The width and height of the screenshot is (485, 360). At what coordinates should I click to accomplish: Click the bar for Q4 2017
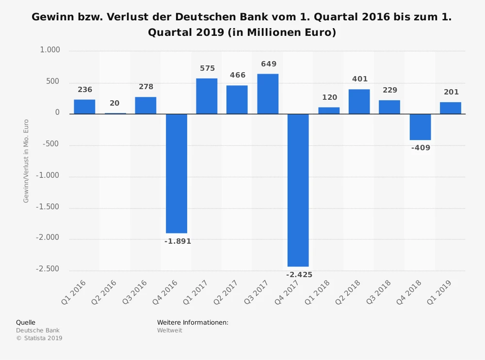(298, 190)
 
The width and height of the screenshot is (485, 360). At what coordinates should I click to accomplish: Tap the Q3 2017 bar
(268, 94)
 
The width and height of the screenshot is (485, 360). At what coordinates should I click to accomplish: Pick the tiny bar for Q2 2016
(115, 113)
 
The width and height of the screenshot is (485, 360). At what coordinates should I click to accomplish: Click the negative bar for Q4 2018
(420, 127)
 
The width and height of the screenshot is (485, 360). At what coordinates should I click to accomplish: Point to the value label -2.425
(299, 275)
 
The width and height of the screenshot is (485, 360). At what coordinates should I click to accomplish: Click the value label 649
(269, 64)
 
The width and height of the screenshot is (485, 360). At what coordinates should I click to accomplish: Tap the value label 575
(207, 69)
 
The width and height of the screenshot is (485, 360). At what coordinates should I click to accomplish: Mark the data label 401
(360, 79)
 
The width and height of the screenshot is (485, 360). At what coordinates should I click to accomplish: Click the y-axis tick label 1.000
(50, 50)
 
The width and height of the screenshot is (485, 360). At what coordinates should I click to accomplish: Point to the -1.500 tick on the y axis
(48, 207)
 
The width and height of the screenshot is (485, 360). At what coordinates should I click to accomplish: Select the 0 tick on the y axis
(57, 112)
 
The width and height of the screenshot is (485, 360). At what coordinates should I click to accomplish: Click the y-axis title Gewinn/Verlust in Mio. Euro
(26, 161)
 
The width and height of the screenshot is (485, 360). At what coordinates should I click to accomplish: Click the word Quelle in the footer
(26, 322)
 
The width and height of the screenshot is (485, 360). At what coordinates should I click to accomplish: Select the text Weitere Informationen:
(193, 322)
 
